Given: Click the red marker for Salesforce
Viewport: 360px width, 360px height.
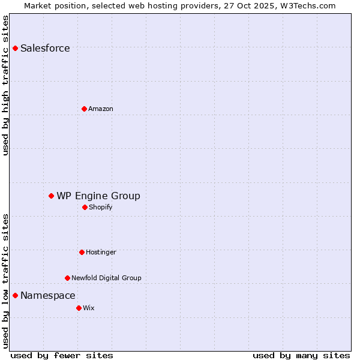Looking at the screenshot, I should (x=15, y=48).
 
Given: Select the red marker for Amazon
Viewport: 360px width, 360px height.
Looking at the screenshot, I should (x=84, y=109).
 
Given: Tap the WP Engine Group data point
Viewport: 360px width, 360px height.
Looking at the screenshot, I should (x=51, y=196).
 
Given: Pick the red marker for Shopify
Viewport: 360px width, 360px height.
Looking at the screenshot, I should (x=85, y=207).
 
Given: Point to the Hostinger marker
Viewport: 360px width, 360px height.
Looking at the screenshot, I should (x=82, y=252).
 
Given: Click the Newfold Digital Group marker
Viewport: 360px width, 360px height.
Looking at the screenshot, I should (x=67, y=278).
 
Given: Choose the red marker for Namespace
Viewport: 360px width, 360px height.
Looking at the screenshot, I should (x=15, y=295).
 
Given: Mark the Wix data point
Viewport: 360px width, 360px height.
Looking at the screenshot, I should (x=79, y=308).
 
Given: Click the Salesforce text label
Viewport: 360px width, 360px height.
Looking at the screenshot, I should (x=45, y=48).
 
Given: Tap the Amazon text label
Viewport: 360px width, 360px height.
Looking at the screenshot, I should (x=101, y=109).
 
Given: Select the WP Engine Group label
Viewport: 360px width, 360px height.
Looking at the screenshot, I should (x=98, y=196).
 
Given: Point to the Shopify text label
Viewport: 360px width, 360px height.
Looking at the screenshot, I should (x=101, y=207).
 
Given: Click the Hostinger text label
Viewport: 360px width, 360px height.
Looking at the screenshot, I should (x=101, y=252).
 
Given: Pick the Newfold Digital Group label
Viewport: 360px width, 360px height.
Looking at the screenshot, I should (x=106, y=278).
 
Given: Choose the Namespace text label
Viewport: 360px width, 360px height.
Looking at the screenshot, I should (x=48, y=295).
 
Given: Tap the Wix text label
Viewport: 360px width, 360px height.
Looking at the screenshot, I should (x=89, y=308).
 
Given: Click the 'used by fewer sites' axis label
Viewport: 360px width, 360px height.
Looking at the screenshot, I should (x=62, y=355).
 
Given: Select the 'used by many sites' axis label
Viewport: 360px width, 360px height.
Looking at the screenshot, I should (x=301, y=355).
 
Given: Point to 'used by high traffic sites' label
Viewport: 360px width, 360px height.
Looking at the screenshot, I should (x=5, y=85).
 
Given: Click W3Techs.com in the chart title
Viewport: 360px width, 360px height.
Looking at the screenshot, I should (x=307, y=5).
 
